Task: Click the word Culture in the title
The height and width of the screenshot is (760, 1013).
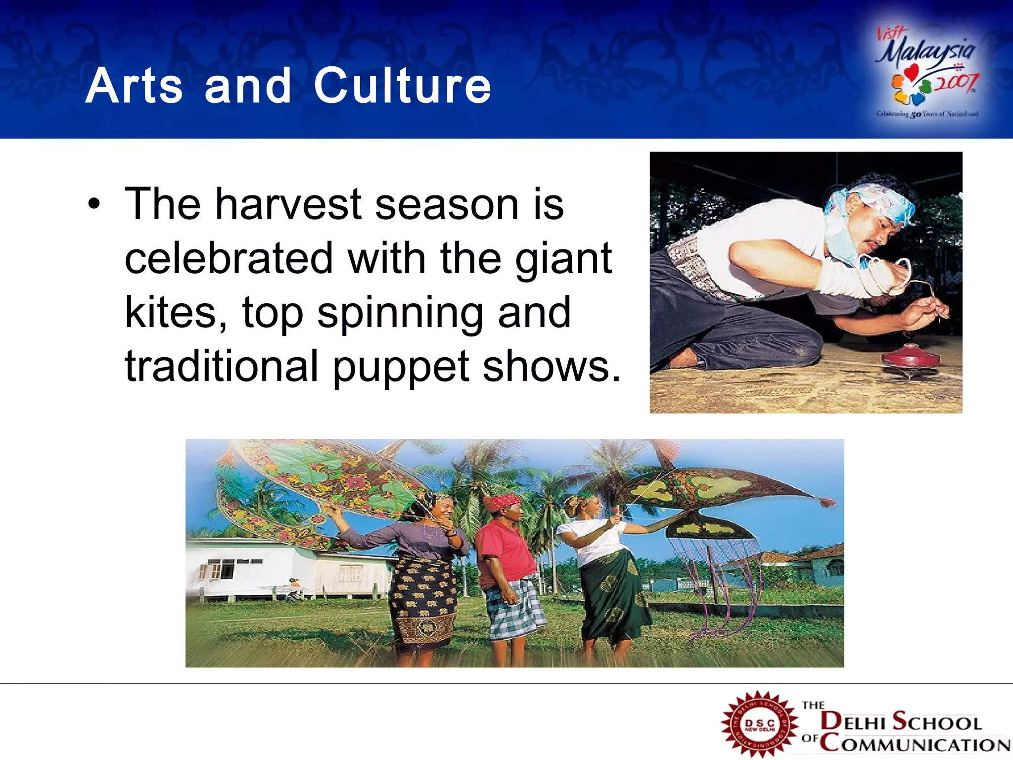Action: tap(402, 86)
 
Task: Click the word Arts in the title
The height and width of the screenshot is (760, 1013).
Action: tap(135, 86)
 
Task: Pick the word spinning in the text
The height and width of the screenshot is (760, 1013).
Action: tap(400, 313)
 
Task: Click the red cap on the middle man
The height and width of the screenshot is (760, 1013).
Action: tap(502, 502)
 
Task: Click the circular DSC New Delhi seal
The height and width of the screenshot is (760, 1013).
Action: tap(760, 724)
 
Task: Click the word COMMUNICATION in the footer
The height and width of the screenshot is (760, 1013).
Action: tap(915, 744)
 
